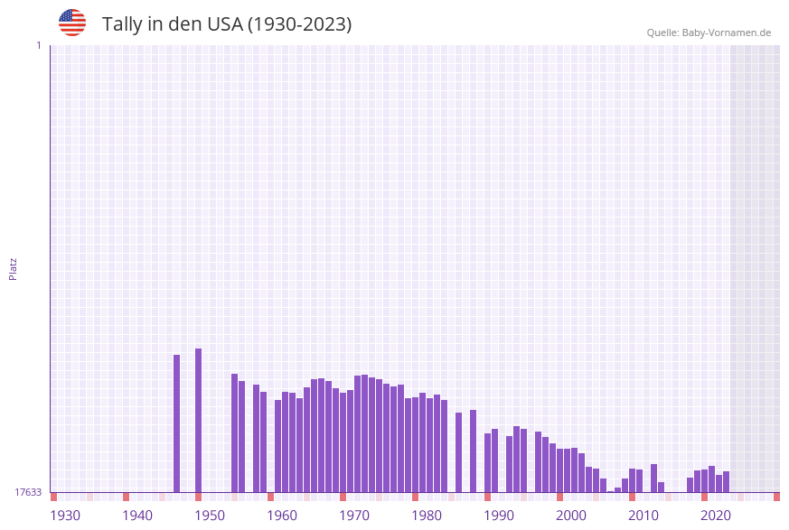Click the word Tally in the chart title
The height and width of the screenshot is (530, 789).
click(x=122, y=24)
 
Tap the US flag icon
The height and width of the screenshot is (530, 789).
click(x=72, y=23)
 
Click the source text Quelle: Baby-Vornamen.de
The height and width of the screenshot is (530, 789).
click(x=709, y=33)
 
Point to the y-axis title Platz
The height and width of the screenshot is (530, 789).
click(x=14, y=268)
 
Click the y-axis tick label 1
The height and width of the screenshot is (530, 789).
click(x=38, y=45)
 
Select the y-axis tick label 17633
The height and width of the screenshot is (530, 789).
click(x=28, y=492)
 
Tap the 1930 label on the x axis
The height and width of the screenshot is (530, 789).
click(x=65, y=516)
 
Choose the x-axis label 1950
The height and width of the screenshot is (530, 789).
click(x=210, y=516)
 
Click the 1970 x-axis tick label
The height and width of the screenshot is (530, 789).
click(x=354, y=516)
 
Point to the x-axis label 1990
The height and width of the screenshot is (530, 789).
click(x=499, y=516)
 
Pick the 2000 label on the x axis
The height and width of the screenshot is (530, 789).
click(x=571, y=516)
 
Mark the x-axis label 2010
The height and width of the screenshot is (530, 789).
click(x=643, y=516)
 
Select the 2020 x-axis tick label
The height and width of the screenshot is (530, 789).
click(x=716, y=516)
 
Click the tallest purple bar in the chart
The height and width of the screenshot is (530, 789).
click(x=198, y=420)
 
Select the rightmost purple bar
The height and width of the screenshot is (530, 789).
click(x=726, y=481)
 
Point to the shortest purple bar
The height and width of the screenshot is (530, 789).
click(x=610, y=491)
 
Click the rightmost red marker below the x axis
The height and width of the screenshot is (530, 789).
click(x=776, y=497)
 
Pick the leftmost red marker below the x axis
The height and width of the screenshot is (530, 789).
click(x=53, y=497)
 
